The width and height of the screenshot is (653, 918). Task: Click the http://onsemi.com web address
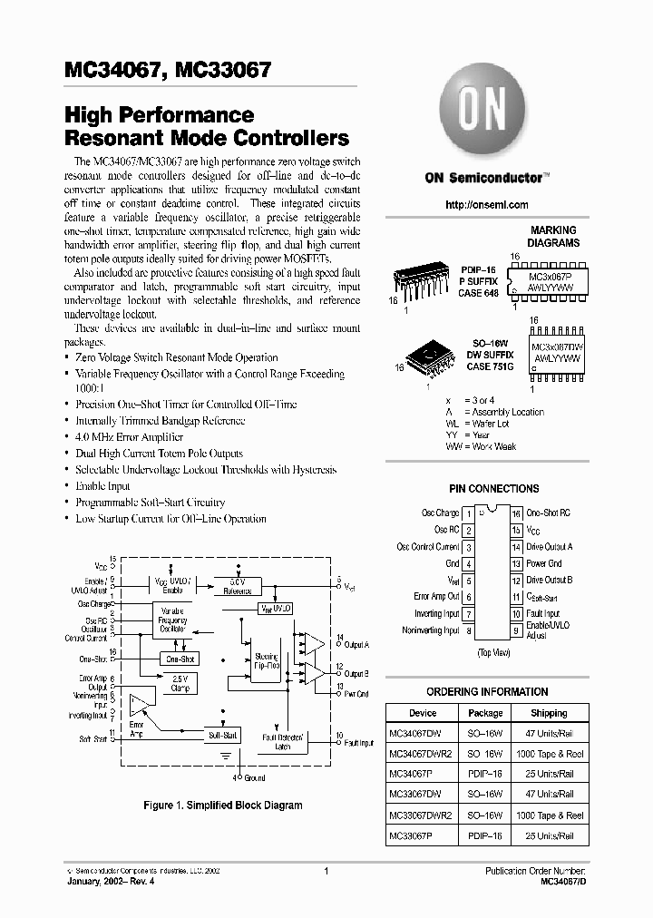click(487, 206)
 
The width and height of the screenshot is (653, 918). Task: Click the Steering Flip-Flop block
click(267, 660)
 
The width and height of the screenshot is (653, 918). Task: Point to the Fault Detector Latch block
click(282, 743)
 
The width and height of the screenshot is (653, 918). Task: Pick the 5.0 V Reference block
click(237, 585)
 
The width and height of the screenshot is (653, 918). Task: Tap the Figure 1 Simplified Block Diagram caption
click(222, 805)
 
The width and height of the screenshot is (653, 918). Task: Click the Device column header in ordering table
click(423, 713)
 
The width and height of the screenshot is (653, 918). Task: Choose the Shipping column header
click(549, 713)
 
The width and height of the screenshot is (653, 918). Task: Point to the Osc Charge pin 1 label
click(441, 513)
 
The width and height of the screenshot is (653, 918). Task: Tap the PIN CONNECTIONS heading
click(493, 488)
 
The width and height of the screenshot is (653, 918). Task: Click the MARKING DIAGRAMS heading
click(553, 237)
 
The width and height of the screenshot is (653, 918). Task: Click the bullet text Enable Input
click(102, 486)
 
